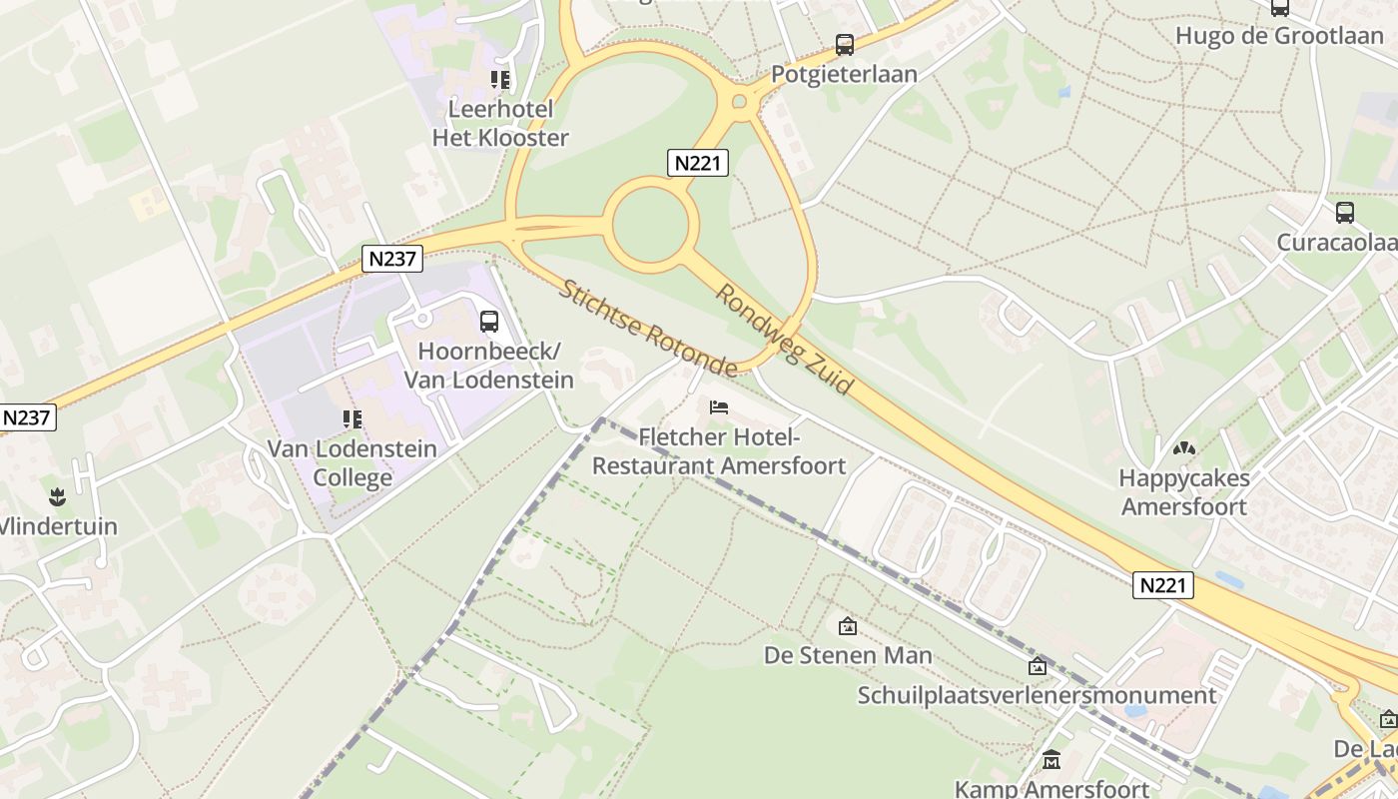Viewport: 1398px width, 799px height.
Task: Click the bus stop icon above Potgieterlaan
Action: (845, 45)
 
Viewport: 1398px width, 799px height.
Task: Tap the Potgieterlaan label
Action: (844, 75)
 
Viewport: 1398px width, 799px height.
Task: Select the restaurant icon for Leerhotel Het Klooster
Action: (499, 80)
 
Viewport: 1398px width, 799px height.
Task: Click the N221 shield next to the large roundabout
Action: (698, 163)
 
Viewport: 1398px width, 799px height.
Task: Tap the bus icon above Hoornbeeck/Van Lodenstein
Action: (489, 322)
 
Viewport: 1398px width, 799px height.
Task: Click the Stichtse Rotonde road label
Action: (647, 328)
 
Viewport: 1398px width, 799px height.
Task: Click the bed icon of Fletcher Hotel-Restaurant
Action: (719, 407)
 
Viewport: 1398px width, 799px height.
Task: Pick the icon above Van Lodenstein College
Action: (351, 418)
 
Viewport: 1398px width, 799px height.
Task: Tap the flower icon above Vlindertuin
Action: (56, 496)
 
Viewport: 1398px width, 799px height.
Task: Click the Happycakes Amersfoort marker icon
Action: (1184, 449)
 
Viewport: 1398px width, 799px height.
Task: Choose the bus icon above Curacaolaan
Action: (1345, 213)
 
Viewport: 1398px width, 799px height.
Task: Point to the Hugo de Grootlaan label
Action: (1278, 36)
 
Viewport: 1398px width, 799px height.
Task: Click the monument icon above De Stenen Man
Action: (848, 626)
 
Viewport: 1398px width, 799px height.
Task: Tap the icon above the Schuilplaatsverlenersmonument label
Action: (1038, 666)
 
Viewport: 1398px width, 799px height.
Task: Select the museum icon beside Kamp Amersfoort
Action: (1050, 761)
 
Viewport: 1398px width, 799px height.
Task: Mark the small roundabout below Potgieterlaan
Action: (740, 101)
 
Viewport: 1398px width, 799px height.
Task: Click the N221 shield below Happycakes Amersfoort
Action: (1163, 584)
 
